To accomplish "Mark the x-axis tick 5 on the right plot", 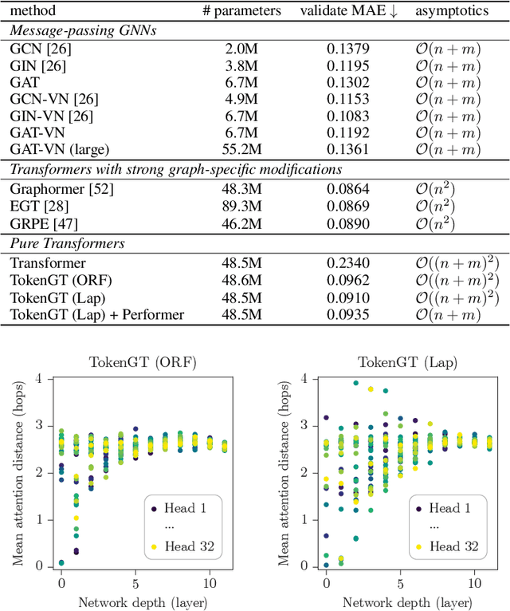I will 401,581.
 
